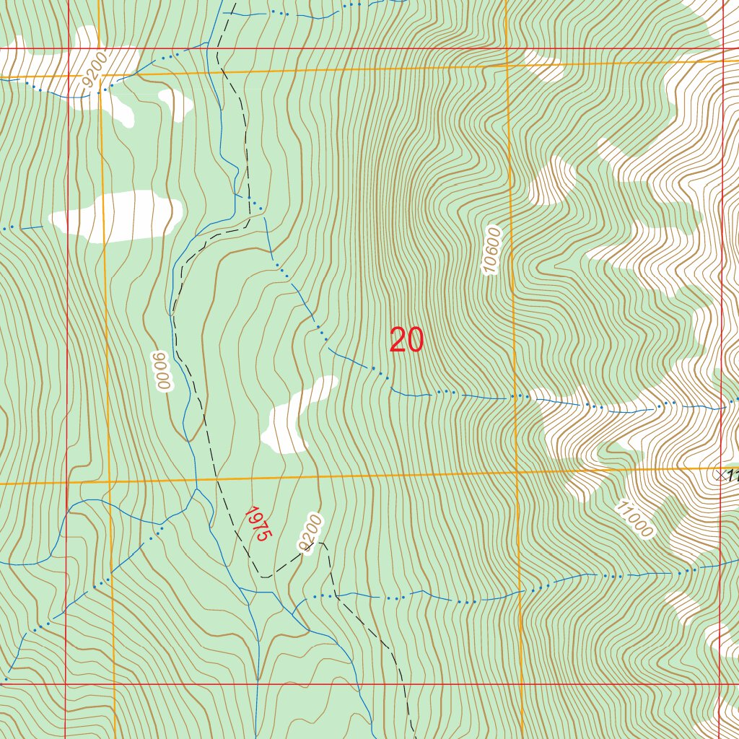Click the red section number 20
coord(406,340)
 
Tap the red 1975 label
coord(256,524)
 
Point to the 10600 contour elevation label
coord(491,250)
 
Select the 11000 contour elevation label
coord(634,520)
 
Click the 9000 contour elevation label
coord(162,371)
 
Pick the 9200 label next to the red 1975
coord(310,534)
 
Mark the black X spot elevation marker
coord(720,475)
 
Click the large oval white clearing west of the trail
coord(115,215)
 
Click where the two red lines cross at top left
coord(69,49)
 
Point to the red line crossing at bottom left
coord(66,683)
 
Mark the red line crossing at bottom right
coord(720,683)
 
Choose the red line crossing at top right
coord(723,49)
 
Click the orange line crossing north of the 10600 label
coord(507,65)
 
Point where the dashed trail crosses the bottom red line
coord(404,683)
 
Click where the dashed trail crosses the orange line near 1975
coord(214,478)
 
